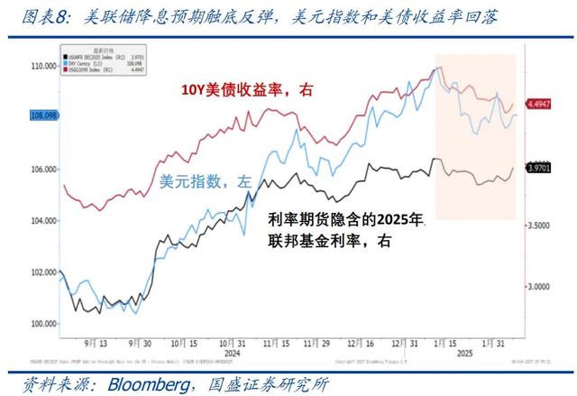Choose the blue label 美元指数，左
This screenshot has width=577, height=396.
pyautogui.click(x=206, y=180)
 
